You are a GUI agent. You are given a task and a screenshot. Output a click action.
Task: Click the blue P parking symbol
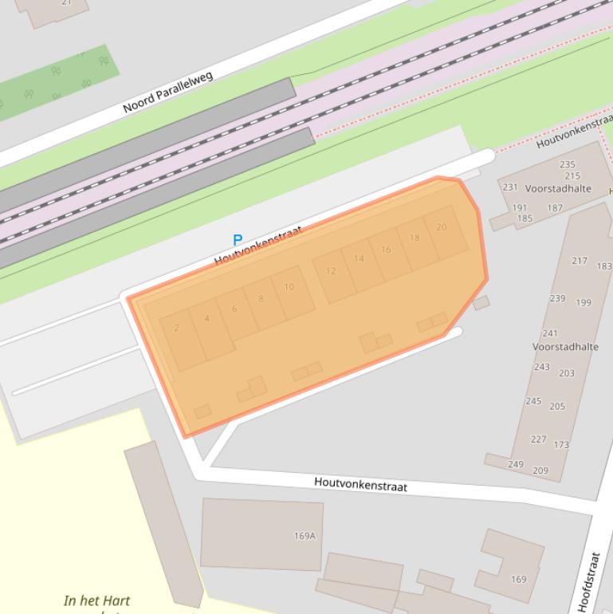click(x=237, y=239)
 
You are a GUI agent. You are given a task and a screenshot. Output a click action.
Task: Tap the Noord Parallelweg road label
click(x=168, y=92)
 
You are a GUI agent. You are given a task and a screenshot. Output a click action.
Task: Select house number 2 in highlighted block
click(x=176, y=329)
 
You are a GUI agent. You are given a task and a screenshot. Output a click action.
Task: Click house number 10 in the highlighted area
click(x=289, y=287)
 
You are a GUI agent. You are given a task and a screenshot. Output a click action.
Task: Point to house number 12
click(x=331, y=271)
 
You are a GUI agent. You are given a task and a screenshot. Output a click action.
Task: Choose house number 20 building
click(x=442, y=227)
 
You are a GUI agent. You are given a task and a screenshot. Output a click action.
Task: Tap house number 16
click(x=386, y=250)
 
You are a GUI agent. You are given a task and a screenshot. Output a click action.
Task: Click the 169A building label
click(x=305, y=536)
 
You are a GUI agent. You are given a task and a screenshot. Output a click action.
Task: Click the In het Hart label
click(x=96, y=600)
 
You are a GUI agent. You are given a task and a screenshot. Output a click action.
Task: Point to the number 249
click(x=515, y=464)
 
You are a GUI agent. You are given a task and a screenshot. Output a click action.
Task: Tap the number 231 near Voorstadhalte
click(x=510, y=187)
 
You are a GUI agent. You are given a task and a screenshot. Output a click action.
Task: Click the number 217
click(x=580, y=261)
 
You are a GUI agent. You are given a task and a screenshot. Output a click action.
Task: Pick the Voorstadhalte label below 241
click(x=565, y=347)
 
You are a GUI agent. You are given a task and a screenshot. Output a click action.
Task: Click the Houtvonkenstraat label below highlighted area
click(x=360, y=484)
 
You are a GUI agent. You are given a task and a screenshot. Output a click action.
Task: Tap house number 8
click(x=261, y=299)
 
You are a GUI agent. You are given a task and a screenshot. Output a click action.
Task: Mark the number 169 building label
click(x=518, y=579)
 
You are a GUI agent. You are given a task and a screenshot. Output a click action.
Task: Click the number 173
click(x=561, y=444)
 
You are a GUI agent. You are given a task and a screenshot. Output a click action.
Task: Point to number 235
click(x=567, y=165)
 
